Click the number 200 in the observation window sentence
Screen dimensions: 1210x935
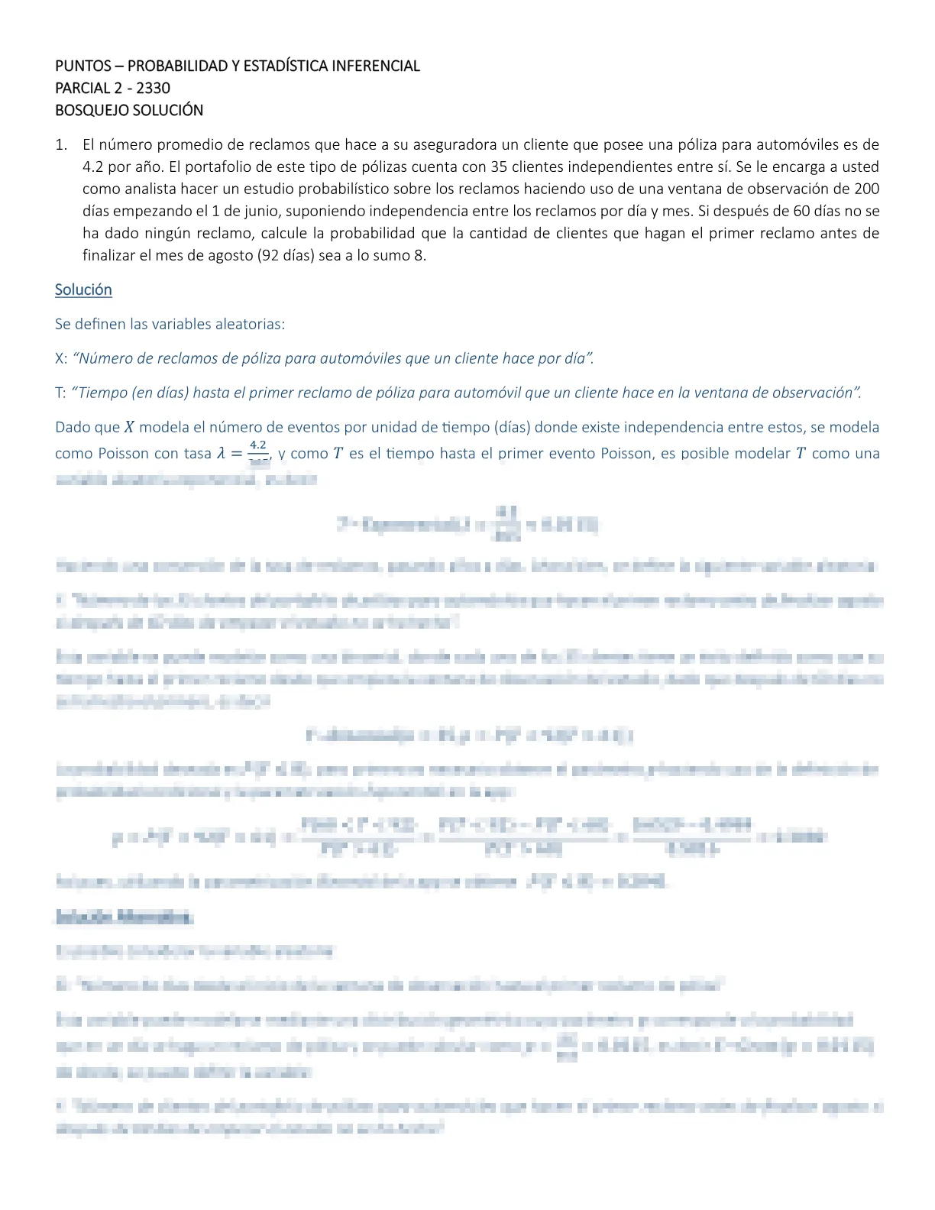[x=866, y=189]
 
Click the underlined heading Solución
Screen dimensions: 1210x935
[x=83, y=290]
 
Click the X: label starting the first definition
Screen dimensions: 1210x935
[x=61, y=358]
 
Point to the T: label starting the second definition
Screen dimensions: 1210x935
[x=60, y=393]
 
